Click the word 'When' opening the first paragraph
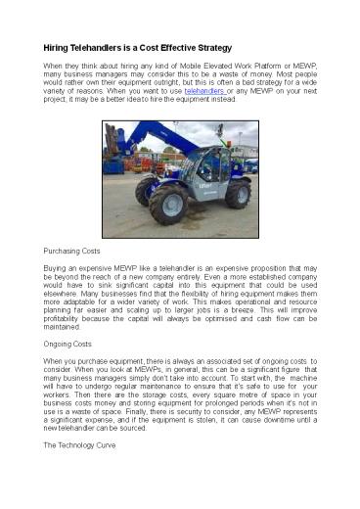click(57, 64)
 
